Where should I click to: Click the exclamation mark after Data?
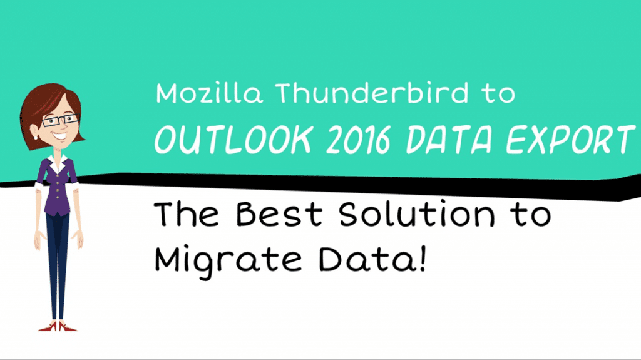(423, 257)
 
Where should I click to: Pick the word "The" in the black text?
(187, 215)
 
